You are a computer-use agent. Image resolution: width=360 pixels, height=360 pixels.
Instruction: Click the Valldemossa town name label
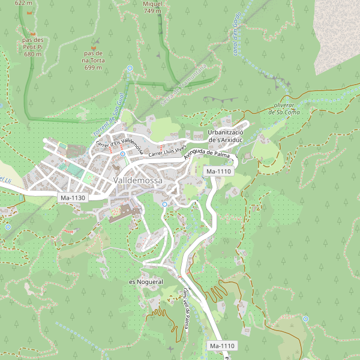[138, 181]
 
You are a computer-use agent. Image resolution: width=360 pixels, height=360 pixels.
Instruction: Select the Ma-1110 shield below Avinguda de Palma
[218, 172]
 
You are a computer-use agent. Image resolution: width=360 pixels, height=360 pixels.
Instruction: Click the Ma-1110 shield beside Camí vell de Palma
[222, 346]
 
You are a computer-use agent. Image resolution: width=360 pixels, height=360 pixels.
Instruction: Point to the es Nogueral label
[146, 281]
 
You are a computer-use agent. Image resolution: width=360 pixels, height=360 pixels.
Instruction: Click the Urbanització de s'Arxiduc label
[224, 136]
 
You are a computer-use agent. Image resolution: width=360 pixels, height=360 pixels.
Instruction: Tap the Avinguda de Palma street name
[208, 155]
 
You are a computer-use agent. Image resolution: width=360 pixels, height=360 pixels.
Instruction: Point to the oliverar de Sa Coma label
[284, 108]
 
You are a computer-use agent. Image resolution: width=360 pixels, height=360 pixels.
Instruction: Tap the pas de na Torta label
[93, 60]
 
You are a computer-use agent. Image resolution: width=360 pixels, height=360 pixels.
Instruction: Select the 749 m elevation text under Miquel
[152, 11]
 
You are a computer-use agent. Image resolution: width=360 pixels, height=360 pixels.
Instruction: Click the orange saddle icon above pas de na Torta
[93, 43]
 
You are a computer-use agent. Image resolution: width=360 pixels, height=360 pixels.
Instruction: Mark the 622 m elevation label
[23, 3]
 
